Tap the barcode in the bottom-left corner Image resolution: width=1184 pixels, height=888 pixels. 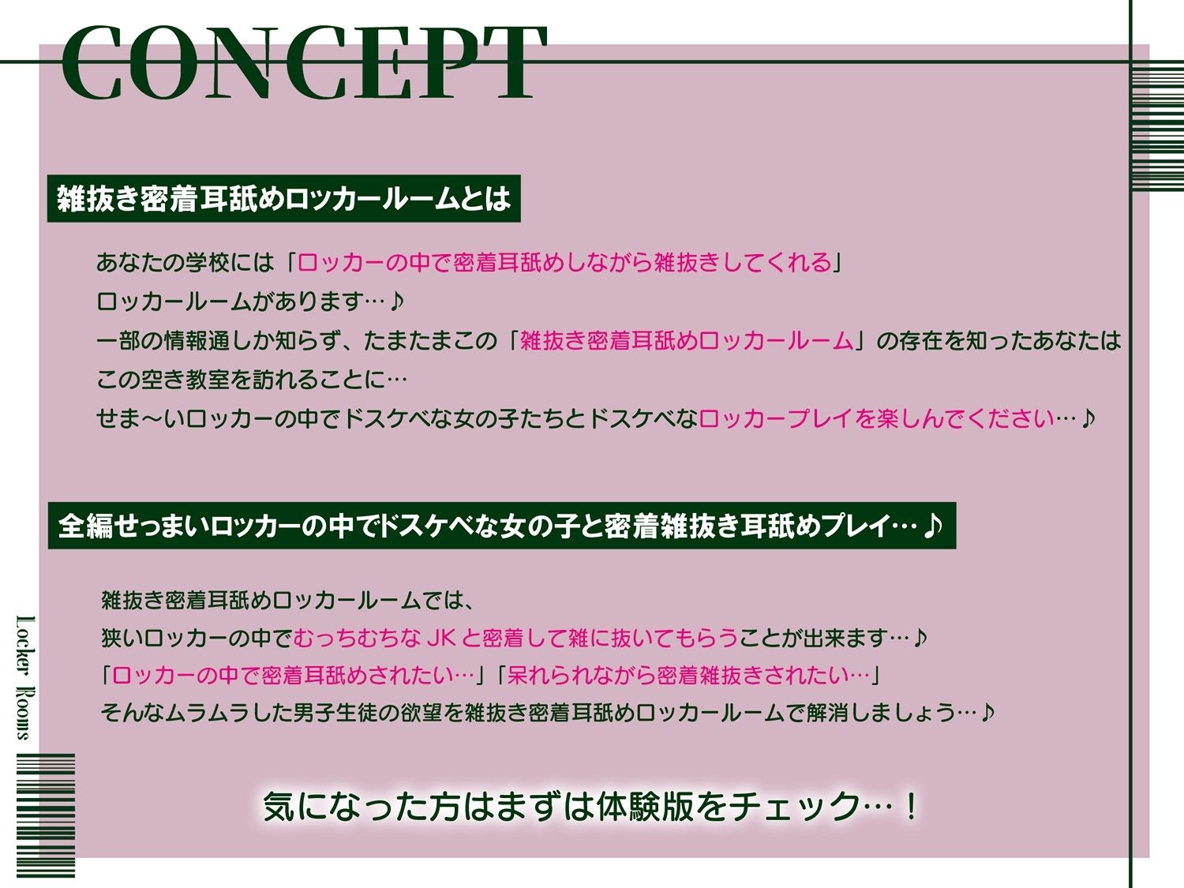(46, 815)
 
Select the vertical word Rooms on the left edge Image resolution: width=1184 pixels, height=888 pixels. (26, 714)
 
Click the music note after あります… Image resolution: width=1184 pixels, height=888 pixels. (397, 301)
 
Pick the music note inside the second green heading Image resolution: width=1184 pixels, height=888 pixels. (934, 525)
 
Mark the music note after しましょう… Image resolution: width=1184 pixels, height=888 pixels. (987, 713)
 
